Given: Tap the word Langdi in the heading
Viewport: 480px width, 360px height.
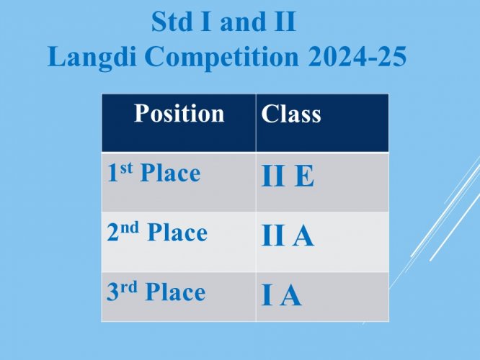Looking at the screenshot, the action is (92, 57).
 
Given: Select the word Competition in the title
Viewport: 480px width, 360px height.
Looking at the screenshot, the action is (222, 57).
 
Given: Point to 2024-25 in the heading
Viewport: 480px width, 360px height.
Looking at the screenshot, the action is (357, 56).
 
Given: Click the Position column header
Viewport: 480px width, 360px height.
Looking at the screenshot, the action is (179, 114).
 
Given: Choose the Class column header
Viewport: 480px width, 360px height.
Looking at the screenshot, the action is (291, 114).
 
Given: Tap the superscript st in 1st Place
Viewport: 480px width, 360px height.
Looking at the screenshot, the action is (126, 168).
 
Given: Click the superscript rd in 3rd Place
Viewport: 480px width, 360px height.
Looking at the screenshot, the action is (129, 287).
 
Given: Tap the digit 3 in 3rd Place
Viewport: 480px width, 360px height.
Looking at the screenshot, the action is (112, 292).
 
